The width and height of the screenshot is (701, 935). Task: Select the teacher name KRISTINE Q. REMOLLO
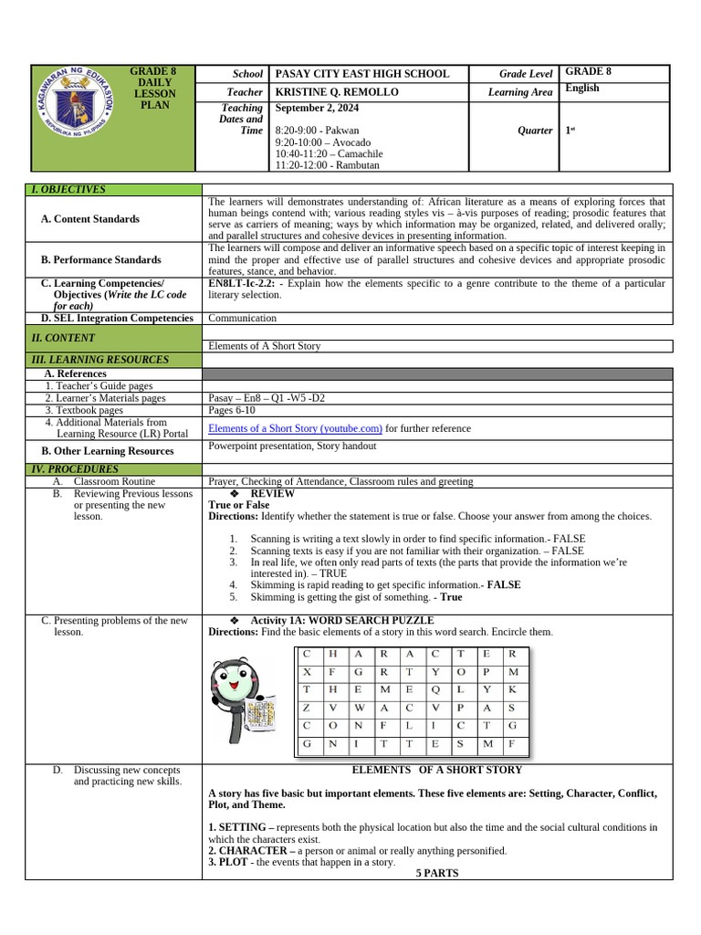pyautogui.click(x=339, y=92)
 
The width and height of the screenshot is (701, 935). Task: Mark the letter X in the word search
pyautogui.click(x=307, y=671)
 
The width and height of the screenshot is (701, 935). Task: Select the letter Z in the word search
pyautogui.click(x=307, y=707)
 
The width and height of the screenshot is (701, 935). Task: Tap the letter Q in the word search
pyautogui.click(x=435, y=689)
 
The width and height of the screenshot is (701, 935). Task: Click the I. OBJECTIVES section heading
pyautogui.click(x=68, y=189)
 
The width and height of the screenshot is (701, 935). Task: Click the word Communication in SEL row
pyautogui.click(x=242, y=319)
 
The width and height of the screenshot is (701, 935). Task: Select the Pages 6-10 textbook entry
pyautogui.click(x=233, y=411)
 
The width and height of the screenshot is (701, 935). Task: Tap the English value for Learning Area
pyautogui.click(x=582, y=88)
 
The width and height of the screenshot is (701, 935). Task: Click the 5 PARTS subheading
pyautogui.click(x=436, y=873)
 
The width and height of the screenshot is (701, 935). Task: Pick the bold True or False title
pyautogui.click(x=238, y=505)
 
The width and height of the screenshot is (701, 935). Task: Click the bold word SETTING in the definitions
pyautogui.click(x=242, y=827)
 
